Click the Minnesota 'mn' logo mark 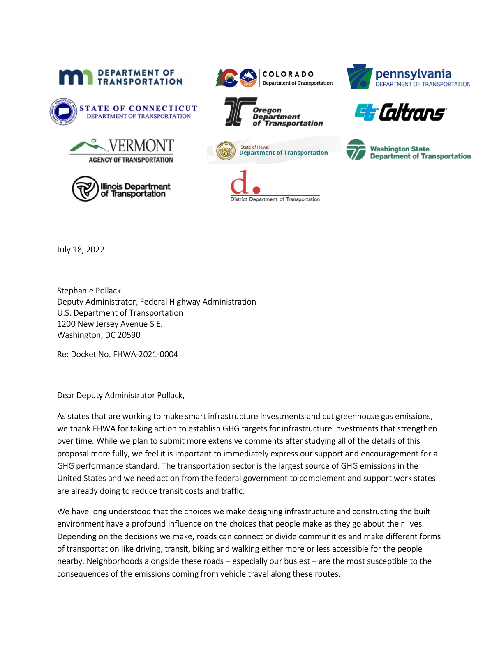76,77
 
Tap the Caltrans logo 400,112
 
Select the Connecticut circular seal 63,111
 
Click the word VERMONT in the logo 141,146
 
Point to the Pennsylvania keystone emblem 359,77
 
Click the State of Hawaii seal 226,151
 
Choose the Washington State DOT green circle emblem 356,149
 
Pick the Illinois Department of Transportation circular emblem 85,189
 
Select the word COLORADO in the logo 288,74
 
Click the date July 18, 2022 81,250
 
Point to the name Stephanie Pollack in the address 89,291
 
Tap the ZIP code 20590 129,335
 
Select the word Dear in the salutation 66,396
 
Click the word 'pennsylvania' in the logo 413,74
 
